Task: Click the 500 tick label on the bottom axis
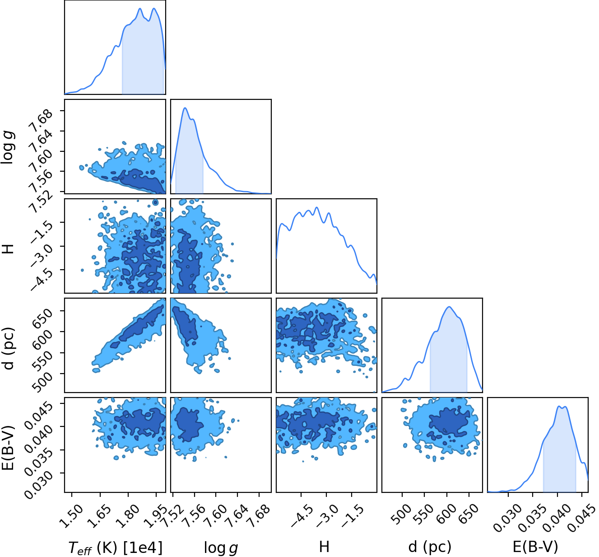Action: pyautogui.click(x=403, y=514)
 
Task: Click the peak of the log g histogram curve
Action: pyautogui.click(x=185, y=108)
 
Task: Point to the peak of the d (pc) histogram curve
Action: pyautogui.click(x=449, y=307)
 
